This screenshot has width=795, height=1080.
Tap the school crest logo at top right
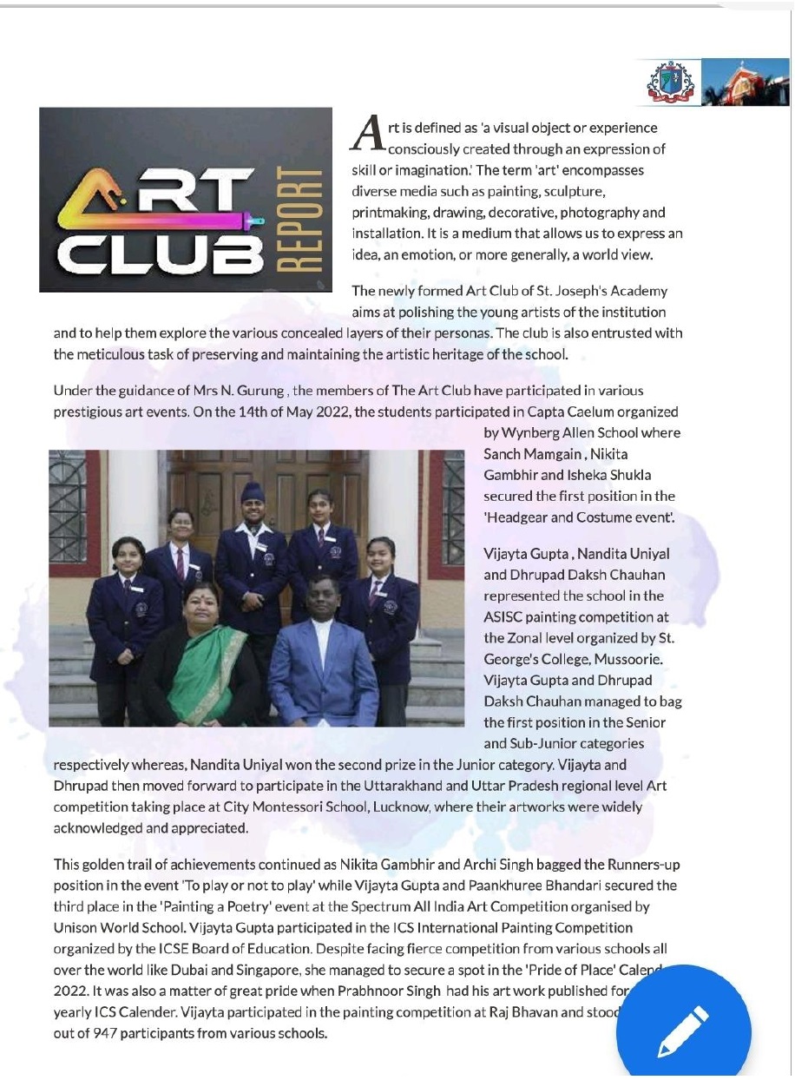(666, 82)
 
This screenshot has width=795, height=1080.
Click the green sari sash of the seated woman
(207, 672)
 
